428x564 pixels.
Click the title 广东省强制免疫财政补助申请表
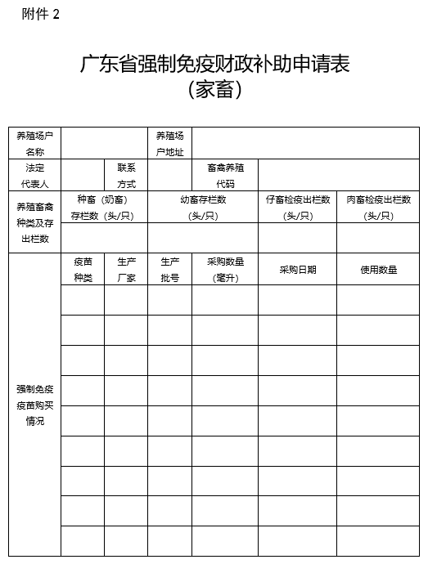click(214, 65)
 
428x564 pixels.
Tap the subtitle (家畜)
click(214, 89)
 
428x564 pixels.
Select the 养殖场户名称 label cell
click(34, 143)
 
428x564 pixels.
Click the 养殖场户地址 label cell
click(169, 143)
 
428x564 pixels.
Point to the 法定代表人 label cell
click(34, 175)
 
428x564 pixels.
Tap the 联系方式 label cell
click(126, 175)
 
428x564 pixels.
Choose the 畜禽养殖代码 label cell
click(225, 175)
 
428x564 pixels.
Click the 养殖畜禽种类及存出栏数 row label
click(34, 222)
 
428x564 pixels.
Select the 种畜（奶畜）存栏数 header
click(101, 208)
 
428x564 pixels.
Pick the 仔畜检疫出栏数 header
click(297, 208)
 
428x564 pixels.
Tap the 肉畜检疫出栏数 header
click(378, 208)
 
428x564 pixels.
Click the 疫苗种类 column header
click(83, 269)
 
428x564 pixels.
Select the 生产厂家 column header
click(126, 269)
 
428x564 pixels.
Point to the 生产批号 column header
click(169, 269)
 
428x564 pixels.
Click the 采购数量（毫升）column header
click(225, 269)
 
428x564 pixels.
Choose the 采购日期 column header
click(297, 269)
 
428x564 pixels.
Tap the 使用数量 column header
click(378, 269)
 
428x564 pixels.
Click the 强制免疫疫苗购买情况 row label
click(34, 405)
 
